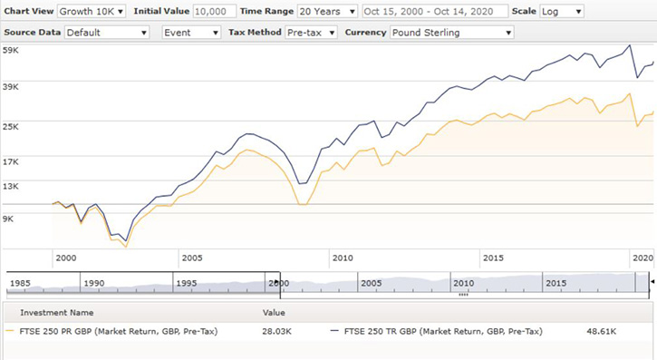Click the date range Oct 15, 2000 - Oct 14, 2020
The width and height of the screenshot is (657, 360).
[x=434, y=12]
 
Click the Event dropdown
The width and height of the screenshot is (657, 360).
[x=191, y=33]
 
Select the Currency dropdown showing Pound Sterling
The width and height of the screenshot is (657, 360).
[x=451, y=33]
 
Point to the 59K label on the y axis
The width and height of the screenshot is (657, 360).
[x=13, y=51]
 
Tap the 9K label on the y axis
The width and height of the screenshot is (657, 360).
[x=10, y=219]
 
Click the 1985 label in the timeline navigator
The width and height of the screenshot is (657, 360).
[x=21, y=283]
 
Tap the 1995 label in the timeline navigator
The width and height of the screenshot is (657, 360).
[x=187, y=283]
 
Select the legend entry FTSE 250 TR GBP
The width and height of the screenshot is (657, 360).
[x=443, y=333]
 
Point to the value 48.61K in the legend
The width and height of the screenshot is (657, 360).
[x=602, y=333]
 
